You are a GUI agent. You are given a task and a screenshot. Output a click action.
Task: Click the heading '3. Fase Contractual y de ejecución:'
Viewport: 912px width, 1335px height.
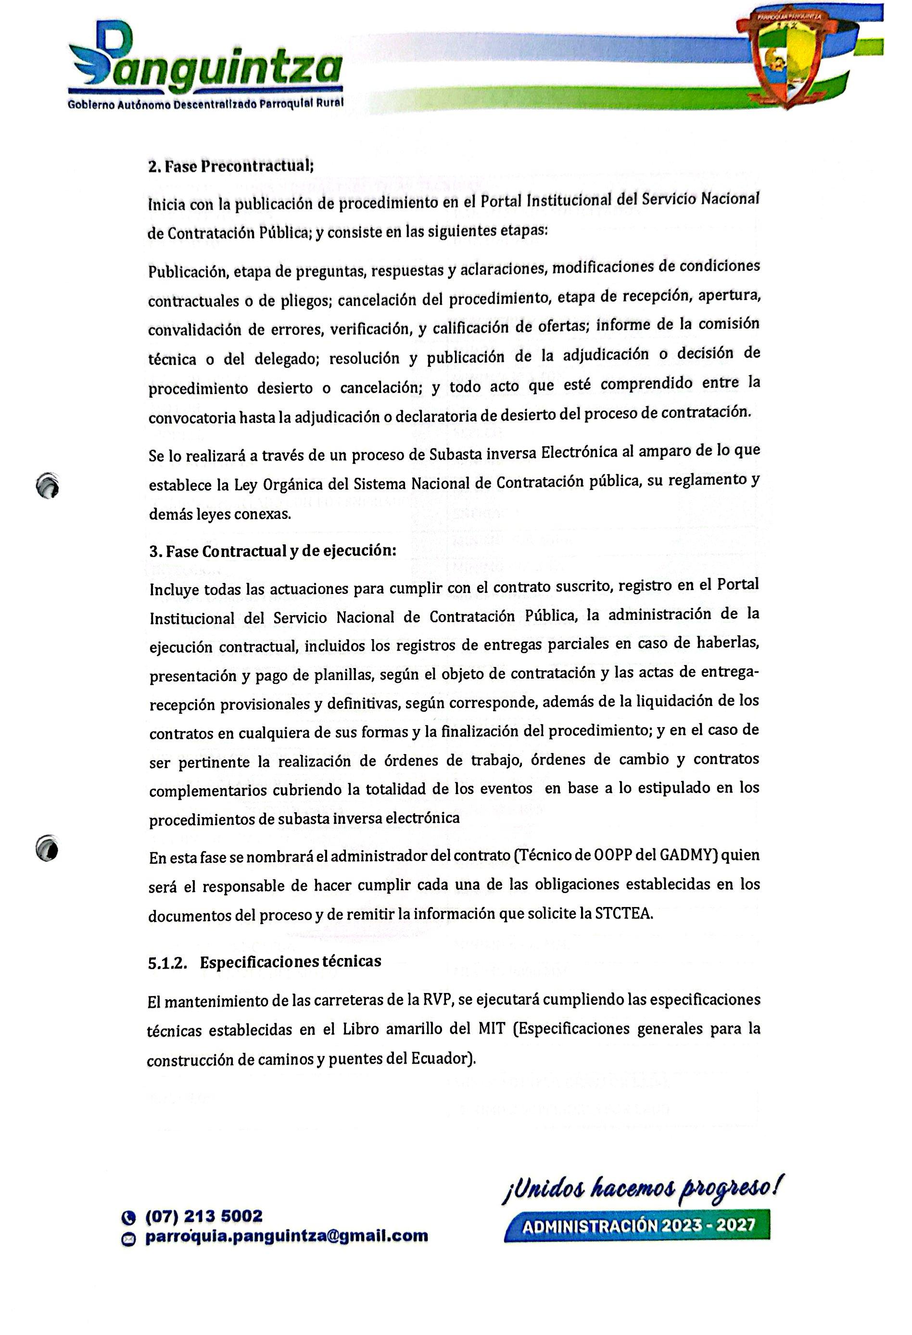click(273, 550)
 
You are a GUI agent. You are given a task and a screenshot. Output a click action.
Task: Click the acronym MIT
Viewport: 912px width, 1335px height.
click(491, 1029)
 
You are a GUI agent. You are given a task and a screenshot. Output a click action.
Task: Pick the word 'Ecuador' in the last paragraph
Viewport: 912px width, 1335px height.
click(442, 1058)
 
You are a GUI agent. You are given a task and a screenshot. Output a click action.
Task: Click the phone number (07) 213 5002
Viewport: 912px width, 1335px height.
click(204, 1216)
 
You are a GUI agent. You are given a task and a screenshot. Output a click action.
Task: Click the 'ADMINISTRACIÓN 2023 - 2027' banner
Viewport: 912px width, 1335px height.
click(637, 1225)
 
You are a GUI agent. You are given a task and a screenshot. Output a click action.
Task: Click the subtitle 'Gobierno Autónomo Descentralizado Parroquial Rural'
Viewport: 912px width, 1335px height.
click(205, 104)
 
